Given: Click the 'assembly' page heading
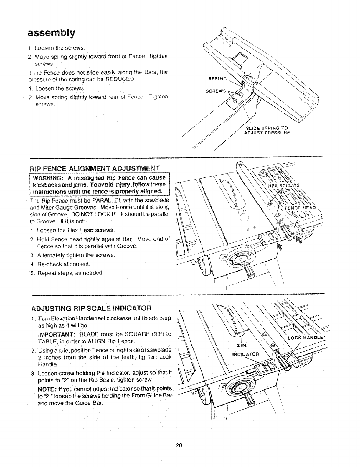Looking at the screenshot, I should click(x=50, y=32).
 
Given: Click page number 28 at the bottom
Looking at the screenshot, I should click(x=179, y=445).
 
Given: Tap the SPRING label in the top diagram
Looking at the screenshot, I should click(x=218, y=79).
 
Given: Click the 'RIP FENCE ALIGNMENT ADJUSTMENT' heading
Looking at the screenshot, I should click(x=95, y=168).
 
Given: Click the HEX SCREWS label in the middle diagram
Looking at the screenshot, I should click(x=283, y=185).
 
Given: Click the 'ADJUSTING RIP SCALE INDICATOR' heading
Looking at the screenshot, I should click(x=91, y=308).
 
